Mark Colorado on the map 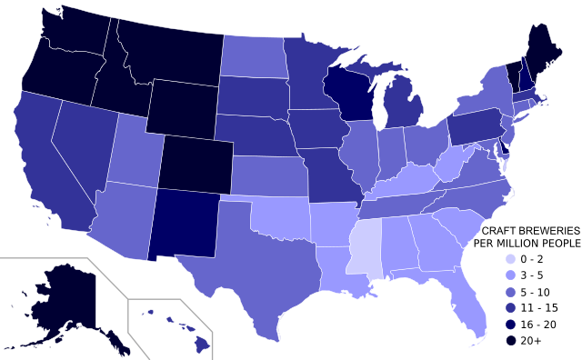(196, 164)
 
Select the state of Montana (168, 50)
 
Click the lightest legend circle (510, 259)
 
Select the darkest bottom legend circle (510, 341)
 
